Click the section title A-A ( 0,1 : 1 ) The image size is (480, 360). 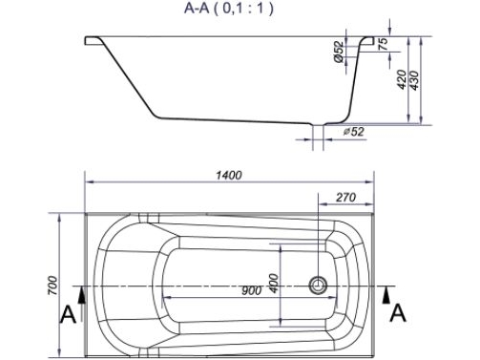[228, 9]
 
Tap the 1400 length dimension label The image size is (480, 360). [229, 175]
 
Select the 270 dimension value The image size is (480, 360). [345, 198]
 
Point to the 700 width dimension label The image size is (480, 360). [52, 286]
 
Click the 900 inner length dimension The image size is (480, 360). [251, 290]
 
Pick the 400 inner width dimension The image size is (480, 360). [274, 283]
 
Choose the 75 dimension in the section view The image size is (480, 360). [384, 44]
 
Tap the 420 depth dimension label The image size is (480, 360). [402, 79]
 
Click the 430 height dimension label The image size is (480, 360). [414, 79]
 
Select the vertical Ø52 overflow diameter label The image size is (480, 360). [340, 52]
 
